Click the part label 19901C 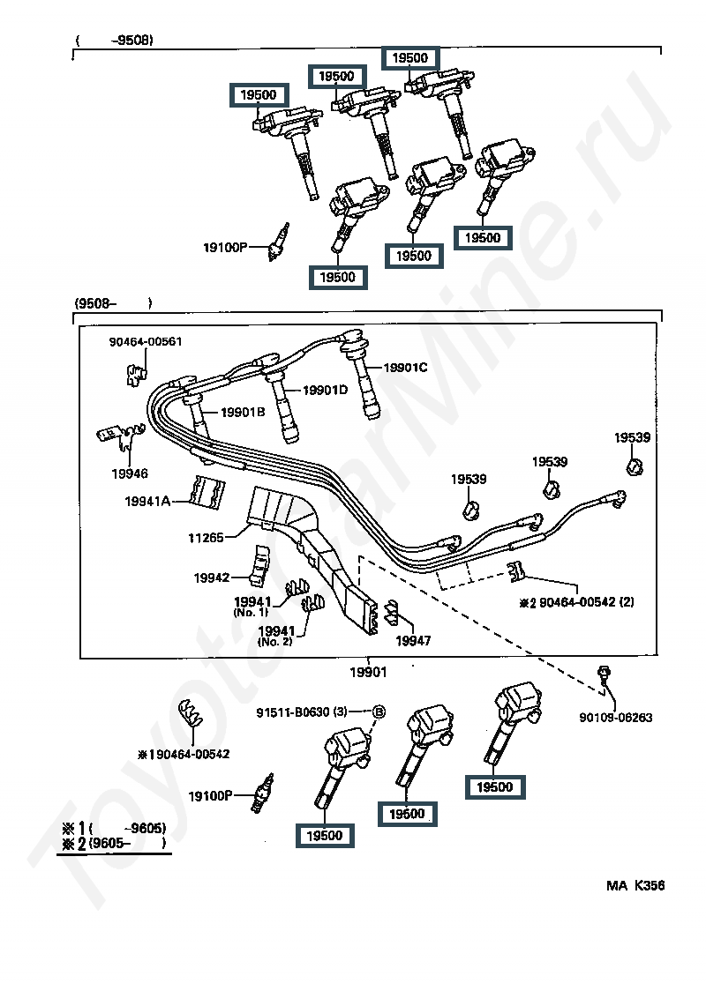click(405, 367)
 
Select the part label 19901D click(325, 390)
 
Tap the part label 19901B click(243, 412)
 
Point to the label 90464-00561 click(146, 341)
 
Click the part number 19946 click(130, 473)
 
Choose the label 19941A click(147, 501)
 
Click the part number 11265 click(206, 538)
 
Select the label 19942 click(211, 577)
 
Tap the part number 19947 click(413, 641)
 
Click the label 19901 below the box click(368, 672)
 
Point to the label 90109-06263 click(615, 718)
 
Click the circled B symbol click(379, 712)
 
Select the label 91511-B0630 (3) click(302, 712)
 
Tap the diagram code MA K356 click(635, 885)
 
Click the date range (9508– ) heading click(113, 303)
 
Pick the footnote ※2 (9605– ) click(114, 843)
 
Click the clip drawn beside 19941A click(208, 492)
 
